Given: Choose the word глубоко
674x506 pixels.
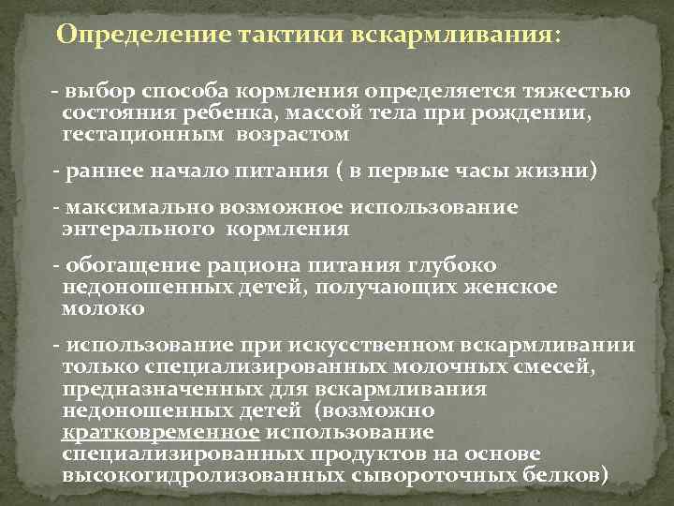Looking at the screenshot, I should (x=456, y=266).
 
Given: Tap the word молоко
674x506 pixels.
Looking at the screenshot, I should (x=103, y=306).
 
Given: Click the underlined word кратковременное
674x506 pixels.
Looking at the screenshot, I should (x=160, y=432).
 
